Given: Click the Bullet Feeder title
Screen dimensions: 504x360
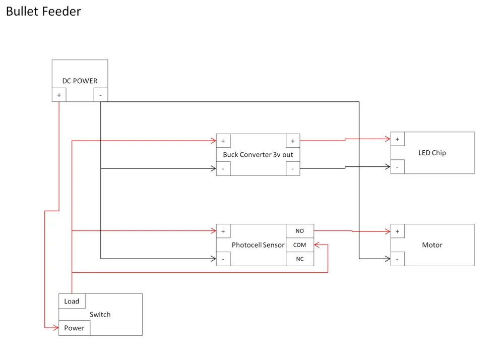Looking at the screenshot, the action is click(43, 11).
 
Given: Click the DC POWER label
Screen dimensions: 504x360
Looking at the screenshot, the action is click(80, 81).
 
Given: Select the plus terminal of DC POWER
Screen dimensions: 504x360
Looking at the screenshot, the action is click(59, 95).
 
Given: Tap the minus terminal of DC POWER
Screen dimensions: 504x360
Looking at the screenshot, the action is click(101, 95).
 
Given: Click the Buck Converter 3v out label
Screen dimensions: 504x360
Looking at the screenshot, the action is click(258, 155).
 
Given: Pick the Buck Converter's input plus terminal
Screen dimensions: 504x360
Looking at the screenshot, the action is click(223, 141).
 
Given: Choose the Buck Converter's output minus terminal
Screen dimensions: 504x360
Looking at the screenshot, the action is click(293, 168).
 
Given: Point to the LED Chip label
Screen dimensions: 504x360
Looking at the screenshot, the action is click(432, 153).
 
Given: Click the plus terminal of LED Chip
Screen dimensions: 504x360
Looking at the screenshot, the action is click(397, 139).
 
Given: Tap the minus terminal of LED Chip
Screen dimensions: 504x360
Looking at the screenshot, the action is click(397, 167).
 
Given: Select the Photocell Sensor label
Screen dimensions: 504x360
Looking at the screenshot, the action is click(258, 245).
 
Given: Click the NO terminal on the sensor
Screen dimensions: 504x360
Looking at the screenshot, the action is click(300, 231).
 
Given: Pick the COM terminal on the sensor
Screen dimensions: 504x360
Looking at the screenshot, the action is click(300, 245).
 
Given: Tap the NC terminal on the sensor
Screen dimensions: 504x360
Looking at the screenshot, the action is click(300, 259).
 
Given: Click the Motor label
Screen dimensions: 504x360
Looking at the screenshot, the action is click(432, 245).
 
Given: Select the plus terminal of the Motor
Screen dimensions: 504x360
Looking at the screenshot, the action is click(397, 231).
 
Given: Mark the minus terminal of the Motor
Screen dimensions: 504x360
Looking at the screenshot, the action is click(397, 259).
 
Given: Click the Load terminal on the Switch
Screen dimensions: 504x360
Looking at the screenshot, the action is click(72, 301).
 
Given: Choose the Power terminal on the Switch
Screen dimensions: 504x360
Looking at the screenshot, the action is click(74, 328).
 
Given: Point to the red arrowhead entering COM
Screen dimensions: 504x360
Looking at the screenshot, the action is click(317, 245).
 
